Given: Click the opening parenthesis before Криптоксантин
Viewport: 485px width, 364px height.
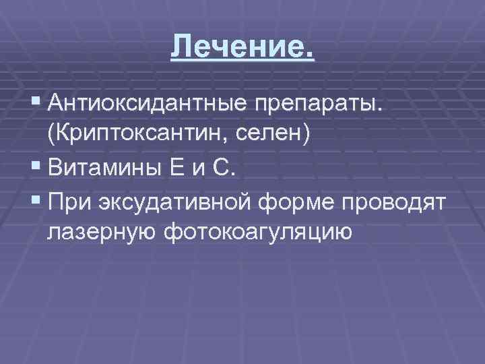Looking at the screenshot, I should pos(51,133).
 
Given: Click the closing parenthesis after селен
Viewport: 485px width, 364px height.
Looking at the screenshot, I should pos(306,133).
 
